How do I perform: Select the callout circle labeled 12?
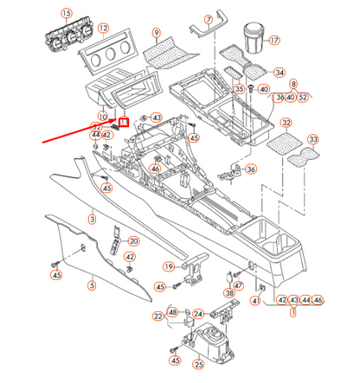coord(103,29)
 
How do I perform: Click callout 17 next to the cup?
coord(275,41)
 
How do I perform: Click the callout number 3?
coord(92,220)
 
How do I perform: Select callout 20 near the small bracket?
coord(133,240)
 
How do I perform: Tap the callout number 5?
coord(92,283)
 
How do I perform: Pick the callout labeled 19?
coord(170,266)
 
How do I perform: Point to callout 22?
coord(158,317)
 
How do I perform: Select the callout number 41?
coord(255,300)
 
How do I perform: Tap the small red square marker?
coord(124,121)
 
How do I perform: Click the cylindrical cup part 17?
coord(255,41)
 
